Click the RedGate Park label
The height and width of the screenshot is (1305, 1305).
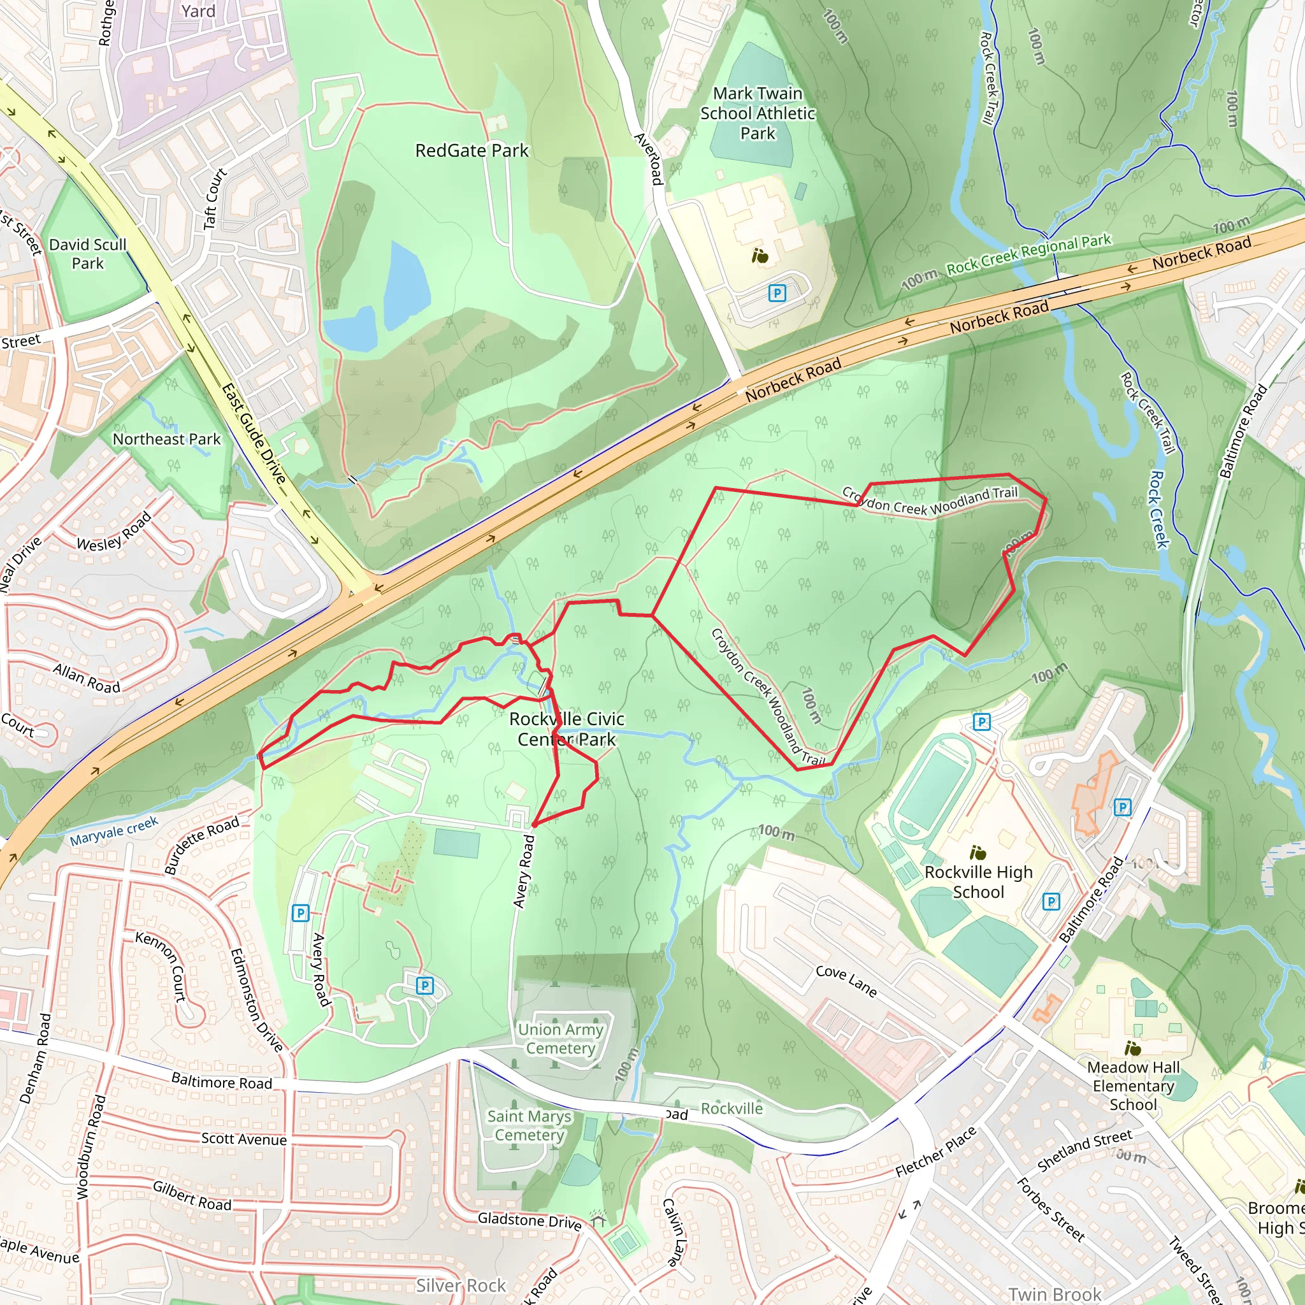click(472, 150)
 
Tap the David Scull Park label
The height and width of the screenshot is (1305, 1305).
click(88, 254)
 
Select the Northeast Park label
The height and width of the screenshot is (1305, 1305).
click(166, 439)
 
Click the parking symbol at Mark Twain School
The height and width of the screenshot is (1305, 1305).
click(777, 293)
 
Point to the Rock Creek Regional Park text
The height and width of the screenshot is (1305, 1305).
click(1028, 255)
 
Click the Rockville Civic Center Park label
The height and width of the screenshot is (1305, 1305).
click(566, 729)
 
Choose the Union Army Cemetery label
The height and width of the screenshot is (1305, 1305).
click(561, 1039)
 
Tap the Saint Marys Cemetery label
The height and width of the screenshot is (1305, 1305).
click(530, 1125)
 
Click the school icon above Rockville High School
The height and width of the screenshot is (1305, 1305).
click(977, 853)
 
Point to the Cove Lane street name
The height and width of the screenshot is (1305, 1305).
click(846, 981)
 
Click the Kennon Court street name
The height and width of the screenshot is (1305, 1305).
click(161, 967)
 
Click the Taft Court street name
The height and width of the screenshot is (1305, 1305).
click(215, 199)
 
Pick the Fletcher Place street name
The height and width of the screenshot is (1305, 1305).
click(935, 1152)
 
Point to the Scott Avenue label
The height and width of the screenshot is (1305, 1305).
click(244, 1139)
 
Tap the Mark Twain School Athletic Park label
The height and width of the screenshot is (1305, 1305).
click(757, 113)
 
